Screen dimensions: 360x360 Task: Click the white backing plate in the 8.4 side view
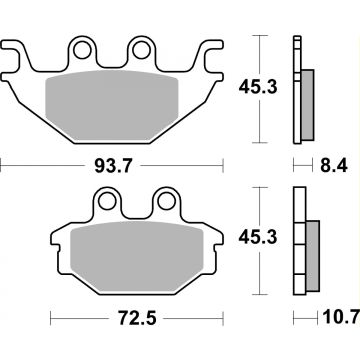pos(297,90)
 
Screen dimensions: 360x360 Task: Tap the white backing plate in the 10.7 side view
pos(297,245)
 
